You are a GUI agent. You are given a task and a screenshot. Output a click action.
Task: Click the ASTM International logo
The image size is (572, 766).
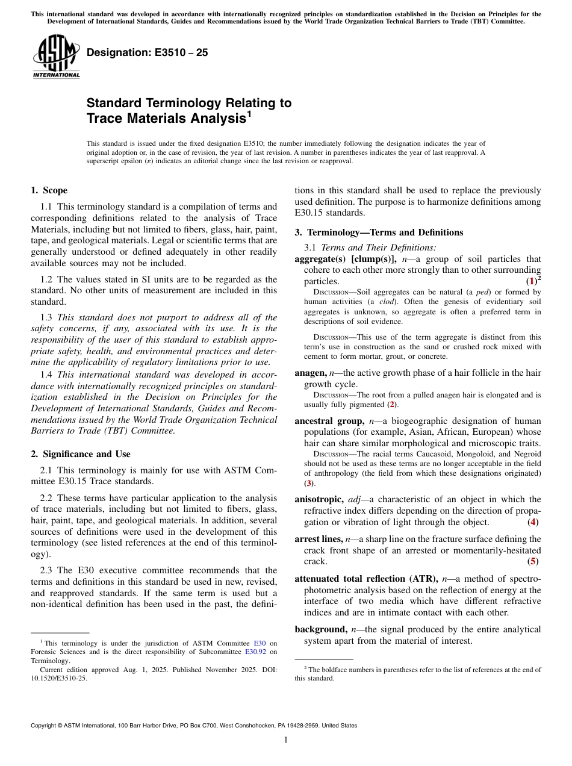56,57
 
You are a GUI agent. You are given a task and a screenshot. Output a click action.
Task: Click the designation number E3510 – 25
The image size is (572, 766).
148,52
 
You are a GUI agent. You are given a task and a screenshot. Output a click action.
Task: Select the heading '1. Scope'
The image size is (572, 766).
49,191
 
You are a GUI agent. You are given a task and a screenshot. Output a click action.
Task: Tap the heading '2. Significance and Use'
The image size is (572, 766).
81,454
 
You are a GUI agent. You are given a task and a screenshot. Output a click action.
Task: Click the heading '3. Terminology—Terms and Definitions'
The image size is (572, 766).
379,232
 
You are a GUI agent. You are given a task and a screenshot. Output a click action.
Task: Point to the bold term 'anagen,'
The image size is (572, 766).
310,373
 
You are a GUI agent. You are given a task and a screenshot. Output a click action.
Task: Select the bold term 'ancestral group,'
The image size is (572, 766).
329,421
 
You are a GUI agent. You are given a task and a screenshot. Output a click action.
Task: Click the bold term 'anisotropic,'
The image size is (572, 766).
319,499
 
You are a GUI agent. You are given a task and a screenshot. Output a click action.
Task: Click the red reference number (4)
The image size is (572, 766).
533,522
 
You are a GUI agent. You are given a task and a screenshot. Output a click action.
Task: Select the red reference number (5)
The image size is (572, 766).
533,562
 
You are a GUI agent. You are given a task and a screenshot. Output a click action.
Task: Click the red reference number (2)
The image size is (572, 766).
392,405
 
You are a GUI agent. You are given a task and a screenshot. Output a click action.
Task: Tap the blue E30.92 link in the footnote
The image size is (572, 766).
256,652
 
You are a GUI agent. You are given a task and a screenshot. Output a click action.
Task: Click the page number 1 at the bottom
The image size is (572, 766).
286,740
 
